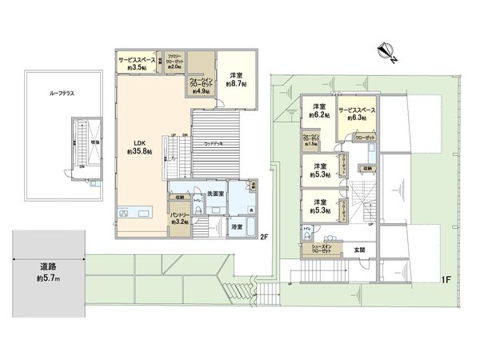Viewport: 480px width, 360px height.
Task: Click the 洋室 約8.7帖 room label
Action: pyautogui.click(x=238, y=79)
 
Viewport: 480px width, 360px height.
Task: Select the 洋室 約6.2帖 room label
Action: pyautogui.click(x=319, y=111)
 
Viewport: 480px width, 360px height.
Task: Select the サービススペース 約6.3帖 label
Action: pyautogui.click(x=358, y=114)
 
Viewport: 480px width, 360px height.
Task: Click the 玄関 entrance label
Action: pyautogui.click(x=359, y=250)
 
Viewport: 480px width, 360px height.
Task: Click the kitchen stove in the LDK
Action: pyautogui.click(x=126, y=213)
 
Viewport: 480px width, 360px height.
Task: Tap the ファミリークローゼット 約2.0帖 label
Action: pyautogui.click(x=174, y=62)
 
